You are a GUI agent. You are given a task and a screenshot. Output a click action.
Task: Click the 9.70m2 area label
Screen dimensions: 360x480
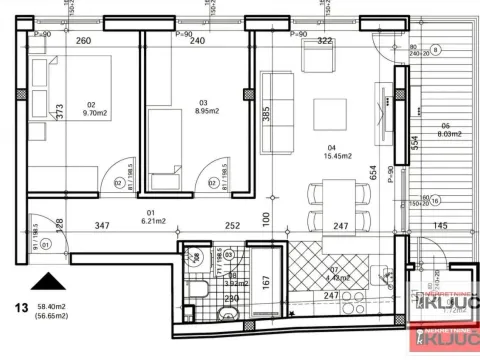coord(97,113)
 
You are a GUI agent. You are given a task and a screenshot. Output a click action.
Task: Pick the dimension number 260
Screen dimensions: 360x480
coord(83,41)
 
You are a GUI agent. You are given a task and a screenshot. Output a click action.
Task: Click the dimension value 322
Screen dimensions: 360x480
coord(324,41)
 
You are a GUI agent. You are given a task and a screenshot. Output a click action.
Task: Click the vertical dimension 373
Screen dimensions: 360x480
coord(59,112)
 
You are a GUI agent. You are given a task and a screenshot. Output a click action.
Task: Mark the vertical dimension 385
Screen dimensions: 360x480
coord(266,115)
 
